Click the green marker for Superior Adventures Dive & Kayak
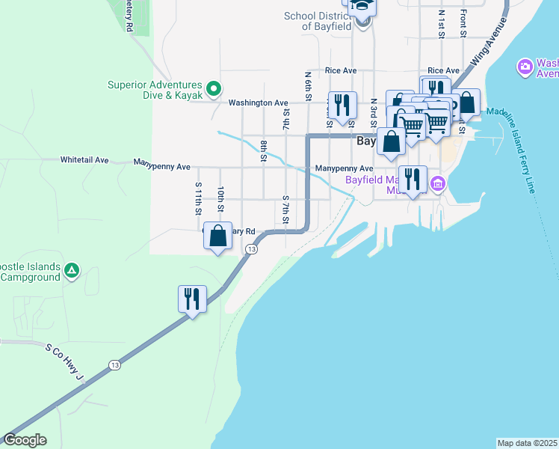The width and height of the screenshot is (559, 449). point(213,89)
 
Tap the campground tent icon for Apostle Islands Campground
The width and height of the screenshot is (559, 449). point(71,270)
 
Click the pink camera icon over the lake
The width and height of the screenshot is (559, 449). point(525,68)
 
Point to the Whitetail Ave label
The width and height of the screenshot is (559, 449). point(84,160)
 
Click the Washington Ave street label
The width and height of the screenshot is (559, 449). point(258,103)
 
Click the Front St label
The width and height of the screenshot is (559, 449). point(463,22)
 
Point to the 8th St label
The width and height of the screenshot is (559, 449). point(264,150)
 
